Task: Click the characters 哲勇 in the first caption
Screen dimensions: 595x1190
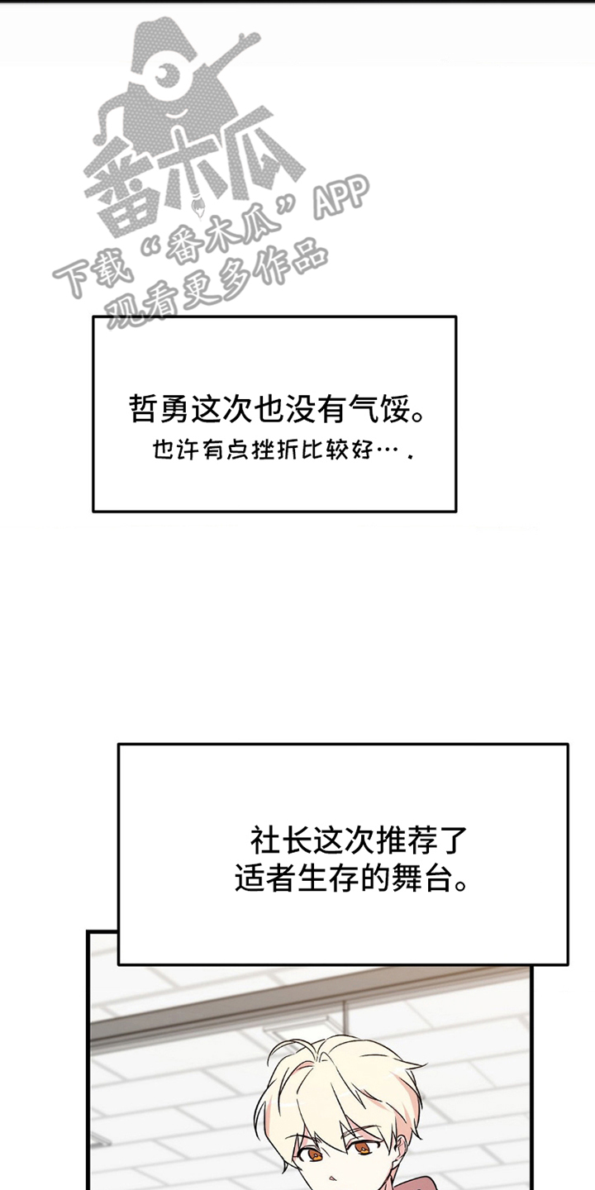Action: pyautogui.click(x=159, y=408)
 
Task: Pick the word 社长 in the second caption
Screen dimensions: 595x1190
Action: pyautogui.click(x=280, y=840)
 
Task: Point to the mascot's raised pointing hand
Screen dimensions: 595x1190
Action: pyautogui.click(x=245, y=40)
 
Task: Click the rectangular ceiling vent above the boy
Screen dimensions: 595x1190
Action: pyautogui.click(x=280, y=1030)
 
